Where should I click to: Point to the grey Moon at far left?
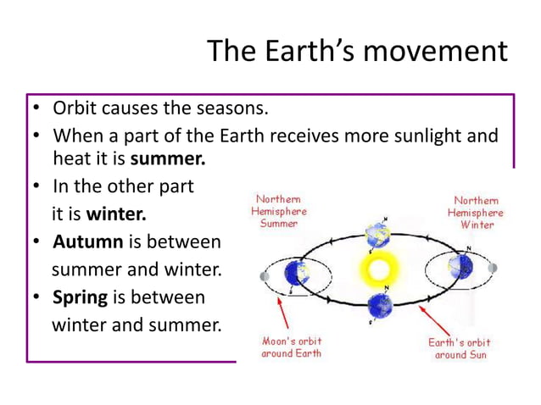(x=264, y=276)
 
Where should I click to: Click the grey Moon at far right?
(x=494, y=268)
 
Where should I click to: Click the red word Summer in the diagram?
(x=279, y=224)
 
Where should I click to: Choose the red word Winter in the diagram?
(x=477, y=225)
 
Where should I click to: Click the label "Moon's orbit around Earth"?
(x=291, y=347)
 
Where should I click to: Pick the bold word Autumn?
(x=88, y=242)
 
